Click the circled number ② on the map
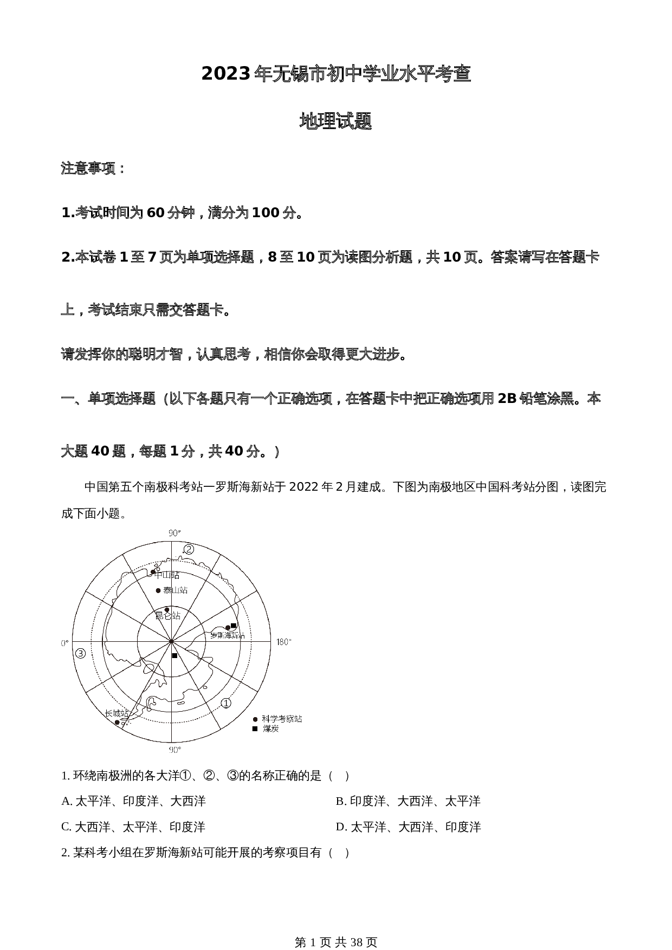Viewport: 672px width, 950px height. pyautogui.click(x=189, y=549)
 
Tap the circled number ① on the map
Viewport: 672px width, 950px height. pyautogui.click(x=226, y=703)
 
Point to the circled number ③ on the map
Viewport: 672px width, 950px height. pyautogui.click(x=81, y=653)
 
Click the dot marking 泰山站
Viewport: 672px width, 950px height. pyautogui.click(x=158, y=590)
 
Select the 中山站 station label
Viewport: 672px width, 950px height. pyautogui.click(x=167, y=575)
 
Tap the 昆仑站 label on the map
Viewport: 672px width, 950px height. pyautogui.click(x=167, y=616)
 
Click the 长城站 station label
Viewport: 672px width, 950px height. pyautogui.click(x=117, y=713)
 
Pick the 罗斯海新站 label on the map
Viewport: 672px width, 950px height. pyautogui.click(x=228, y=635)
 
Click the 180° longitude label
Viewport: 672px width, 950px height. pyautogui.click(x=283, y=642)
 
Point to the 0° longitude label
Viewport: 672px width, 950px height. pyautogui.click(x=64, y=643)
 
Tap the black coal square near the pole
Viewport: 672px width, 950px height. pyautogui.click(x=175, y=656)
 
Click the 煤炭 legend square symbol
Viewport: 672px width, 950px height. pyautogui.click(x=255, y=729)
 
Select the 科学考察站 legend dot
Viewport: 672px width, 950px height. pyautogui.click(x=255, y=719)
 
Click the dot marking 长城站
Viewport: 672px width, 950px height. pyautogui.click(x=117, y=723)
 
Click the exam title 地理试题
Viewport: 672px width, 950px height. pyautogui.click(x=335, y=122)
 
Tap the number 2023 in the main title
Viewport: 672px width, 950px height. pyautogui.click(x=225, y=74)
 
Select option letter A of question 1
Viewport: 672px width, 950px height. pyautogui.click(x=66, y=801)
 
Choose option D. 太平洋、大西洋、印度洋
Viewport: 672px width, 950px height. pyautogui.click(x=408, y=827)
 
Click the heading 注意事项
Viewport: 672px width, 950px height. pyautogui.click(x=93, y=168)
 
